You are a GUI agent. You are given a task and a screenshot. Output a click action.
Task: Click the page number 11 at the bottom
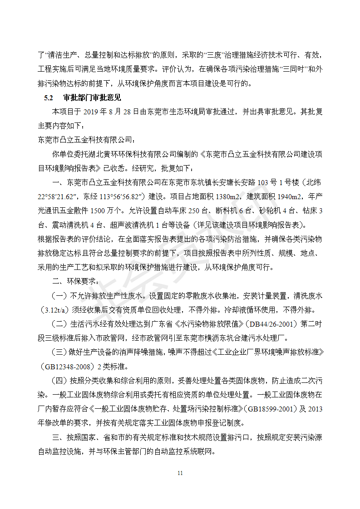pos(180,473)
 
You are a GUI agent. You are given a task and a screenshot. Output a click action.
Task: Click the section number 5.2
pos(49,98)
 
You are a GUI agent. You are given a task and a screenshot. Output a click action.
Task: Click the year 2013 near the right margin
pos(315,409)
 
